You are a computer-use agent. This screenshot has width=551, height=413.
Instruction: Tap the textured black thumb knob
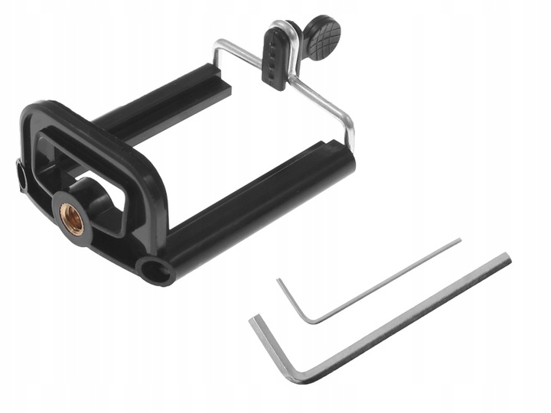323,38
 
